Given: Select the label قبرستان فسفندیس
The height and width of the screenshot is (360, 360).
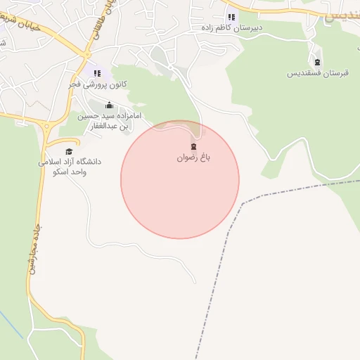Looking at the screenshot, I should point(314,72).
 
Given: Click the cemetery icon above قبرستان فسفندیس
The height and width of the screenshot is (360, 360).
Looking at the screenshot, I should point(316,61).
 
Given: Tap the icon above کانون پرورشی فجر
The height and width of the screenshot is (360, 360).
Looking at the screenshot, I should point(97,72).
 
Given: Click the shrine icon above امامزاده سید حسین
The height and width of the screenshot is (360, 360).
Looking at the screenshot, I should point(109,105).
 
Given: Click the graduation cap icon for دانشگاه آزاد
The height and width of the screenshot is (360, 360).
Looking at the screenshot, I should point(69,151).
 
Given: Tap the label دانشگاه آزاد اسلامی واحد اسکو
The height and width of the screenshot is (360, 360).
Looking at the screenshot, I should point(70,166).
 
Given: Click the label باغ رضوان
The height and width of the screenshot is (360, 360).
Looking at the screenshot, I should point(193,158).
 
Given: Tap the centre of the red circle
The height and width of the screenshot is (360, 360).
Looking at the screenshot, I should point(180,179).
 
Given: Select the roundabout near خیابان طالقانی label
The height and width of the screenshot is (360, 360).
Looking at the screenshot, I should point(86,53).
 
